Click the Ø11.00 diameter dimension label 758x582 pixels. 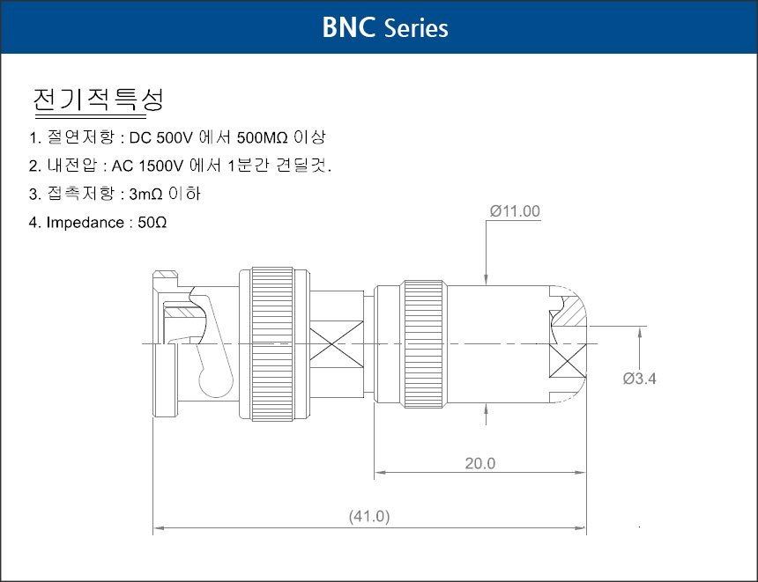[515, 211]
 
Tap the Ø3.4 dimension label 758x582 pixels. [639, 379]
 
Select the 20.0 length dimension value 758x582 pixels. [480, 463]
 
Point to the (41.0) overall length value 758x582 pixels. [369, 516]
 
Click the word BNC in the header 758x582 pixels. [348, 27]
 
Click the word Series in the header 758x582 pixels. [417, 28]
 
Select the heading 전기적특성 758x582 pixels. [98, 99]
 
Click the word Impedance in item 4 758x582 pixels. [85, 222]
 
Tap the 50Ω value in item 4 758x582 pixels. [152, 222]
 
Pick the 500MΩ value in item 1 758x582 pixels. [263, 137]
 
